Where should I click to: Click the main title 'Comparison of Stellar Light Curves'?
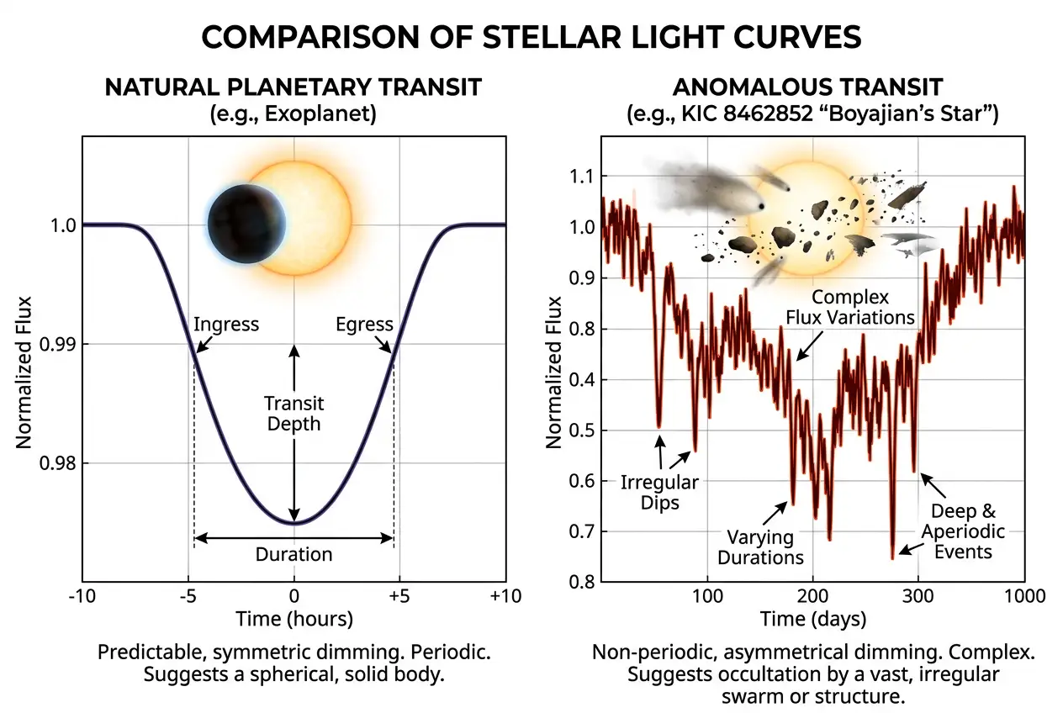click(531, 38)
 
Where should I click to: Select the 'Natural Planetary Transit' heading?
click(294, 87)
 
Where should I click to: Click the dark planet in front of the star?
click(246, 224)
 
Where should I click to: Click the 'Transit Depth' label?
click(294, 413)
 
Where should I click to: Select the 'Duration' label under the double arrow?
click(294, 555)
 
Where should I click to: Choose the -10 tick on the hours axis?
click(82, 596)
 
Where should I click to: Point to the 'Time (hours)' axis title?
click(294, 620)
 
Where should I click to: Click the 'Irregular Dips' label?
click(659, 493)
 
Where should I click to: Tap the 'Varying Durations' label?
click(761, 547)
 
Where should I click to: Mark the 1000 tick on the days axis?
click(1023, 596)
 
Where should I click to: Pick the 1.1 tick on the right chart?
click(582, 177)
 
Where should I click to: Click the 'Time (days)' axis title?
click(813, 620)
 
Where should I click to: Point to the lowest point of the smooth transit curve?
click(294, 523)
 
